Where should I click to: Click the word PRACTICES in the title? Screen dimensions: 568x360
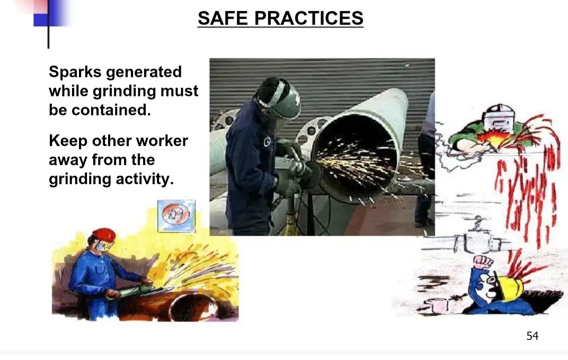click(308, 18)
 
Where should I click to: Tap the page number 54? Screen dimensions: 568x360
click(532, 336)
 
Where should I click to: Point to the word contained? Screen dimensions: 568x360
click(111, 110)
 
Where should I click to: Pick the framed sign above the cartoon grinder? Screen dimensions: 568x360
click(176, 215)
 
